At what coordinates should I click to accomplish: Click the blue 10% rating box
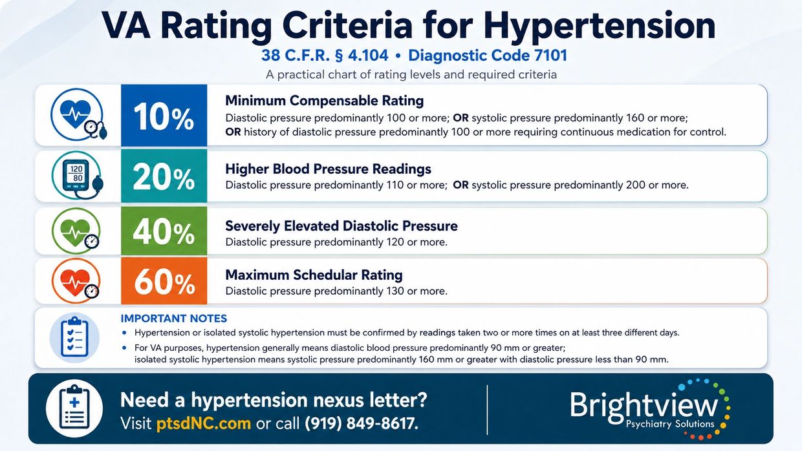tap(164, 115)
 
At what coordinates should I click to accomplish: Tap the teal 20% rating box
tap(164, 176)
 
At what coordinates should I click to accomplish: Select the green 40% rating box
tap(164, 231)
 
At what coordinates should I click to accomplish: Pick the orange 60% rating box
tap(164, 281)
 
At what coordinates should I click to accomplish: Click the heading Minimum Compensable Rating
tap(325, 101)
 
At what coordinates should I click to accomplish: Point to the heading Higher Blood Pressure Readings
tap(328, 169)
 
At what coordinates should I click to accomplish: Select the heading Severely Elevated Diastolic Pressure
tap(341, 226)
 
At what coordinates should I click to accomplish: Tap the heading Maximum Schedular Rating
tap(314, 275)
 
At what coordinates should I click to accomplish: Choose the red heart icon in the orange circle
tap(76, 281)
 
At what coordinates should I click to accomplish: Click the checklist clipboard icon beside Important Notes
tap(74, 337)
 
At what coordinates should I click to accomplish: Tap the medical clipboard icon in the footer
tap(74, 408)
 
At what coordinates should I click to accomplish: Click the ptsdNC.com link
tap(204, 423)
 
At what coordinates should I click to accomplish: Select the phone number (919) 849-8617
tap(362, 423)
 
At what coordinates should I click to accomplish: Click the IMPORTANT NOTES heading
tap(173, 319)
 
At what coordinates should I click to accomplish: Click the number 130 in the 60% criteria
tap(395, 291)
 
